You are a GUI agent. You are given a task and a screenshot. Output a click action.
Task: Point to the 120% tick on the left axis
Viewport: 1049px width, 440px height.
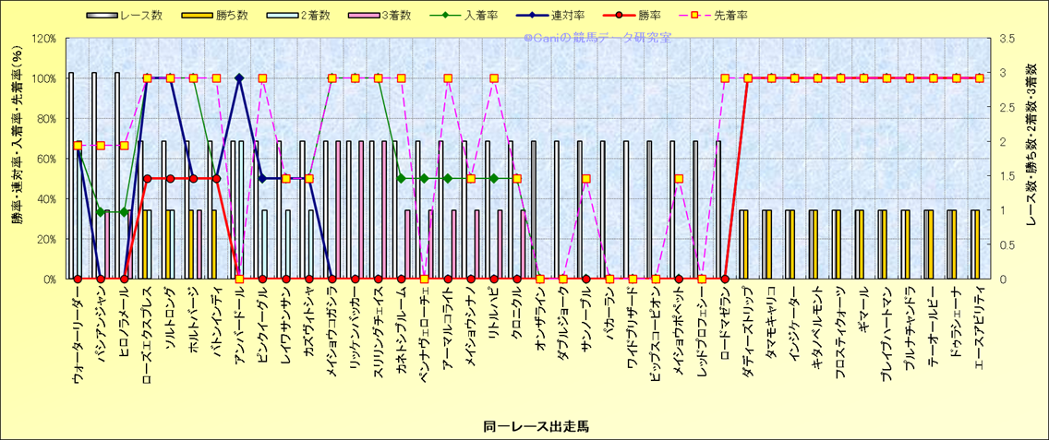pos(43,39)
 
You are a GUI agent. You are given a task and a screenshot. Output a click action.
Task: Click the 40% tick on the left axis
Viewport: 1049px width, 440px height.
pos(46,198)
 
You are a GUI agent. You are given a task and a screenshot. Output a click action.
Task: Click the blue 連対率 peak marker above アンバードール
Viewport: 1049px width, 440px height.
pos(239,78)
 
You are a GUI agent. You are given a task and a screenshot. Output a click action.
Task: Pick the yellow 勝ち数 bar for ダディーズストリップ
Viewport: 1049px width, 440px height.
pos(744,244)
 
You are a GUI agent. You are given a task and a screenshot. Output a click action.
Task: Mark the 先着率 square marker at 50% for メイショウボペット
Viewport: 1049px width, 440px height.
pos(679,179)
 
